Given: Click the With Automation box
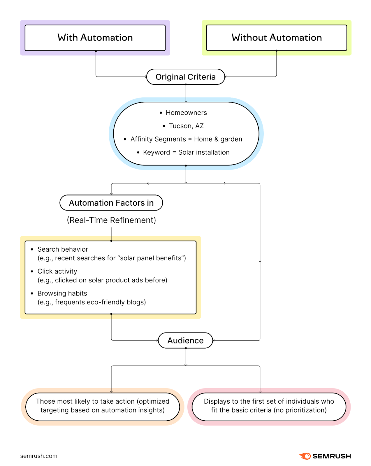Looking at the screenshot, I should (x=95, y=38).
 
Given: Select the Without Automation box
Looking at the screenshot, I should (x=276, y=38).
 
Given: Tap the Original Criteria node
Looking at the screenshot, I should (x=186, y=77).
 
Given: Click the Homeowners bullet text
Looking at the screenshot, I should (x=186, y=113).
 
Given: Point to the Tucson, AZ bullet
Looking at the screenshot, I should (x=186, y=126).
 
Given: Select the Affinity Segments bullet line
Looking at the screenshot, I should (x=186, y=139).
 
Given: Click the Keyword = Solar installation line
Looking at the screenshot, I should (x=186, y=152).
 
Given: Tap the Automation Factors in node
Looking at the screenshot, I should (x=111, y=203).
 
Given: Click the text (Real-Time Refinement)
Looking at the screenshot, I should (x=111, y=220).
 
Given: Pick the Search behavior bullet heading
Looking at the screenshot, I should (x=63, y=249).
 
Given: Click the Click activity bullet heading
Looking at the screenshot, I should (x=57, y=271).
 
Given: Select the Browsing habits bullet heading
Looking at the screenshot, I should (x=62, y=293).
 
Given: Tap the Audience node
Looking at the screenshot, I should (x=185, y=340).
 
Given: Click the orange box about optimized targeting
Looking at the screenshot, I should (x=103, y=406).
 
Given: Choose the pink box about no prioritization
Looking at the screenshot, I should (x=269, y=406).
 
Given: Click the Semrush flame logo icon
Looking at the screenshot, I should (x=305, y=456).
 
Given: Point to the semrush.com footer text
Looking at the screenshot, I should (x=39, y=456).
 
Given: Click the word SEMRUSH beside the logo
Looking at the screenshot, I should (x=332, y=456).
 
